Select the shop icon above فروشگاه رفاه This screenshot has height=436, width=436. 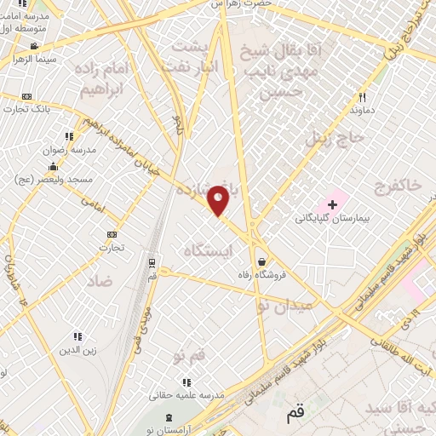click(261, 261)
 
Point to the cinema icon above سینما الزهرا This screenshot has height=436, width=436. click(33, 47)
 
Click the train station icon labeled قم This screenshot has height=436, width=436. click(152, 262)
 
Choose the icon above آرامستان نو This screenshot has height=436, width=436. click(168, 416)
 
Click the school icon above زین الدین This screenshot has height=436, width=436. click(78, 336)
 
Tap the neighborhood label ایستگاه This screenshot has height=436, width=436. click(207, 250)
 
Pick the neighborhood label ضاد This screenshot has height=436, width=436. click(99, 282)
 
